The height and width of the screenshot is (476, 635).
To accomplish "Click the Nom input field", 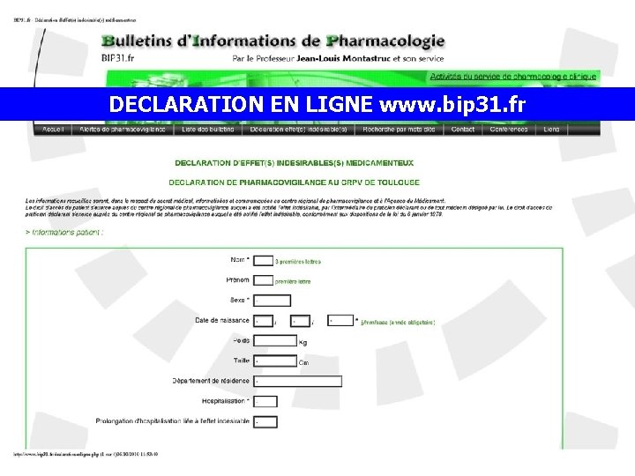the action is pos(263,261).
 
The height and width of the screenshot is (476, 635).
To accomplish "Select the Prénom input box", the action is pos(263,280).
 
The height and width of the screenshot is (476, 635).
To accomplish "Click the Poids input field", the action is pos(274,340).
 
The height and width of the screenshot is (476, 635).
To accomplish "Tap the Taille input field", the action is pos(274,361).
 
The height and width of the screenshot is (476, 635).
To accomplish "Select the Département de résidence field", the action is pos(297,381).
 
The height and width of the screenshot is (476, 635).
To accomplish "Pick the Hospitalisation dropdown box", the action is pos(265,401).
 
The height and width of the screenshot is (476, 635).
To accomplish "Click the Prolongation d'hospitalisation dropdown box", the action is pos(265,422).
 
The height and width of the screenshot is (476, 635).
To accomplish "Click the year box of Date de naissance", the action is pos(341,321).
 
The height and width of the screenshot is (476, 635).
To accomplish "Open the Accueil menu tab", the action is pos(53,129).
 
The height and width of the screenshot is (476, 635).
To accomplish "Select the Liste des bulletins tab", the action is pos(208,129).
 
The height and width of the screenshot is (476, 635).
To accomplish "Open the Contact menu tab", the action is pos(463,129).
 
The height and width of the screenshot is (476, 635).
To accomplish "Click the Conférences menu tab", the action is pos(509,129).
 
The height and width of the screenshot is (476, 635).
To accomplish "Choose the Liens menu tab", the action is pos(551,129).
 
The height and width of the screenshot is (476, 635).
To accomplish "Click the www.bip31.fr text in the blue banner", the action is pos(452,104).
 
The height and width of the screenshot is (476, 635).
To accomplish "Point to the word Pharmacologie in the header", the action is pos(385,41).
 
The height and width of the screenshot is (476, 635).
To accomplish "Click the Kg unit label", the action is pos(303,342).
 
